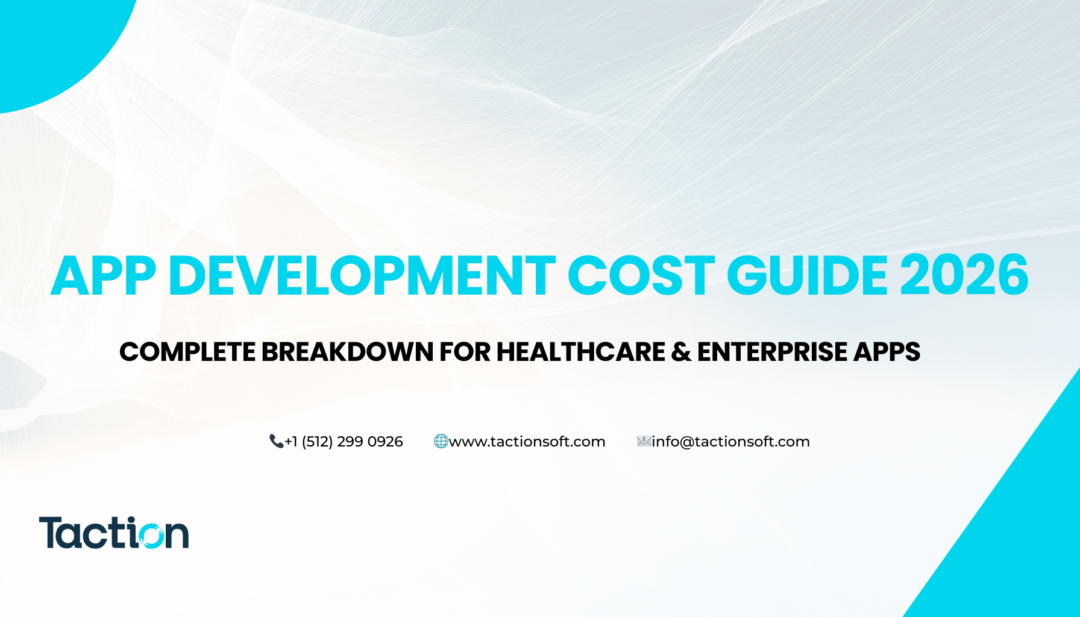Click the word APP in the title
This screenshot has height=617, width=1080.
coord(104,276)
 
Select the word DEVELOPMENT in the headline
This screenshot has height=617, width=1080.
coord(362,276)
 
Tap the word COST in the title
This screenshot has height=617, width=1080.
coord(641,276)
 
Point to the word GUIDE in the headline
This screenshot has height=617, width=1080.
coord(808,276)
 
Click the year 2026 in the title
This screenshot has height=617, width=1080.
coord(964,276)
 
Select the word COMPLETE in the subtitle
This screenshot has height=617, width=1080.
coord(187,352)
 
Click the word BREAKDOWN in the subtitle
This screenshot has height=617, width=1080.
coord(347,352)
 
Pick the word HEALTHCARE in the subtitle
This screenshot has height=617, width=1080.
coord(580,352)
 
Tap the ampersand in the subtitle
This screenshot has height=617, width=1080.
coord(681,352)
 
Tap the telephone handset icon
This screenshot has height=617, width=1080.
coord(276,442)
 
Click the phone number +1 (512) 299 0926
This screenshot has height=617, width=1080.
coord(344,442)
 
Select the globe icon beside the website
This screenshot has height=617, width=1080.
coord(441,442)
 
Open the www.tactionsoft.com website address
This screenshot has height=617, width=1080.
coord(527,442)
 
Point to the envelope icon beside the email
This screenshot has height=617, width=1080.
coord(644,442)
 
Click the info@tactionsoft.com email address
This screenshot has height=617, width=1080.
coord(730,442)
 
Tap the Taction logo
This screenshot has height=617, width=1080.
coord(114,533)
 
